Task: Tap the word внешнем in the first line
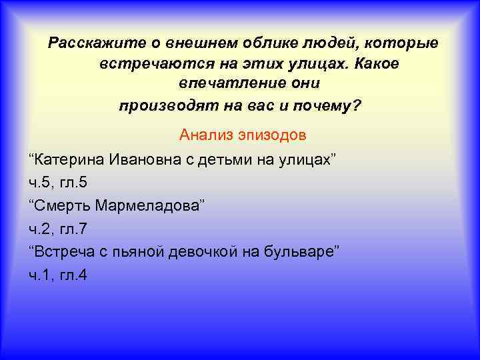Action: tap(192, 44)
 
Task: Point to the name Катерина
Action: tap(71, 159)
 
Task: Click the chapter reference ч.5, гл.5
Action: tap(59, 182)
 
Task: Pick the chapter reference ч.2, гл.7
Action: tap(59, 228)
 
